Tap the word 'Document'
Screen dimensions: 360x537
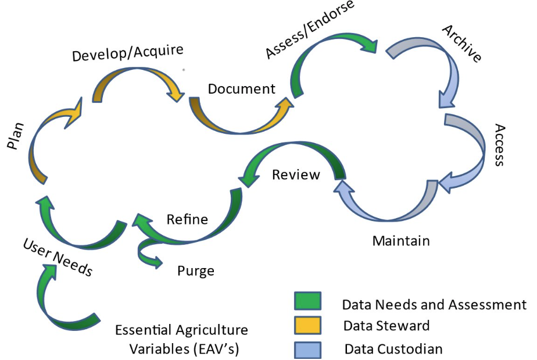(x=242, y=89)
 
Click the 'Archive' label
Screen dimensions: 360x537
(x=461, y=44)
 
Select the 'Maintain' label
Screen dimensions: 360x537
(x=402, y=240)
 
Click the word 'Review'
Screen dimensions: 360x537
(x=296, y=174)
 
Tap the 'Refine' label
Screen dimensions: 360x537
(x=187, y=219)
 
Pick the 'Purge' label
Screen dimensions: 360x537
(x=196, y=271)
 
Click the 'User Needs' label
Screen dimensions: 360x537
(x=58, y=257)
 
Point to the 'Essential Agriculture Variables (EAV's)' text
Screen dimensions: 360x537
(x=181, y=340)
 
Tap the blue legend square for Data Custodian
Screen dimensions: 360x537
(x=308, y=348)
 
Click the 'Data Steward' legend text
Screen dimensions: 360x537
(x=386, y=326)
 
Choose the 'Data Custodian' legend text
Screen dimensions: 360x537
(x=393, y=349)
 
